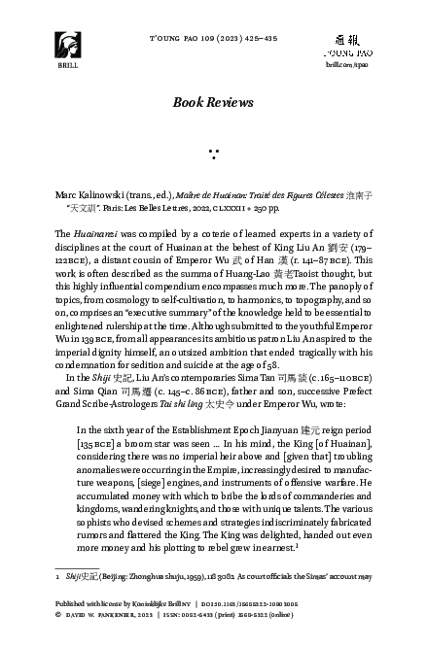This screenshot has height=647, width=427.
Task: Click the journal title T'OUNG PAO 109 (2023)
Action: pyautogui.click(x=212, y=37)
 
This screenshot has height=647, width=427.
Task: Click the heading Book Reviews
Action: pyautogui.click(x=212, y=102)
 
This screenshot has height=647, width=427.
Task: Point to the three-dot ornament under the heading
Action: pyautogui.click(x=212, y=152)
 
